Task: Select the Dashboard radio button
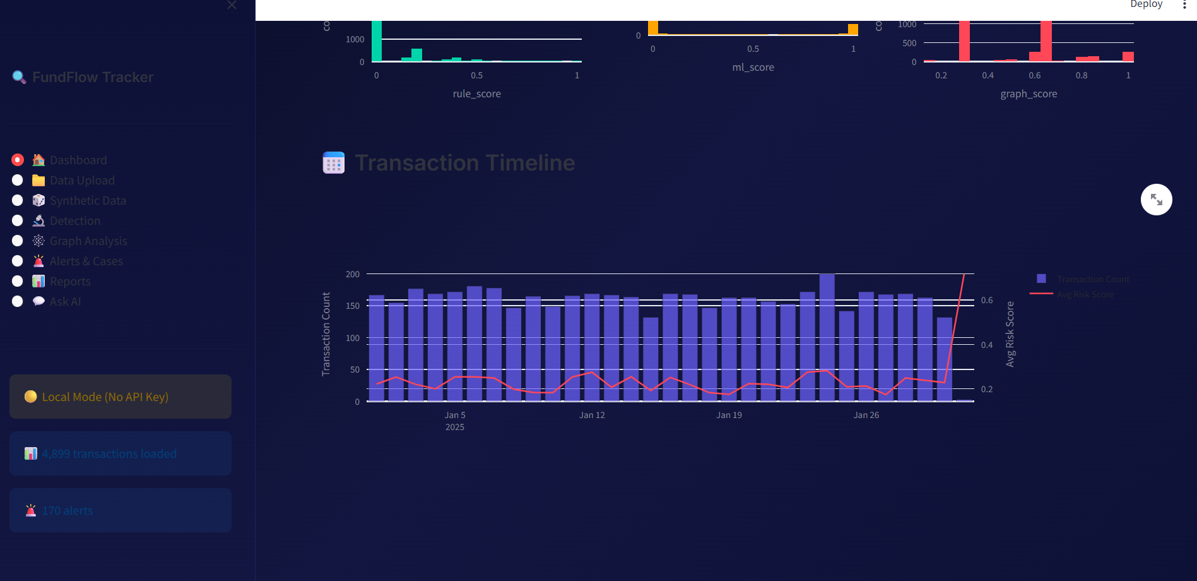(x=18, y=160)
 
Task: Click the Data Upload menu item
(x=82, y=181)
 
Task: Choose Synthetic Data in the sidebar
(x=88, y=201)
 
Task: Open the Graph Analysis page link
(x=88, y=241)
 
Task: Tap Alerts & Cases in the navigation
(x=86, y=261)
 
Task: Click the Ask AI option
(x=65, y=302)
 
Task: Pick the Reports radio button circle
(x=18, y=282)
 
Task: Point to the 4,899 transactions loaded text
(x=109, y=454)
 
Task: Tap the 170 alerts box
(x=120, y=510)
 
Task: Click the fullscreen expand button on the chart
(x=1156, y=200)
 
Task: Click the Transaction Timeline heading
(x=465, y=163)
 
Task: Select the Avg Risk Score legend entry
(x=1085, y=295)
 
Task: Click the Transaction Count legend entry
(x=1093, y=279)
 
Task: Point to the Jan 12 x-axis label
(x=592, y=416)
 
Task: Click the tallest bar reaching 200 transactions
(x=827, y=337)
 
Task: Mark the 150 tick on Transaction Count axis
(x=353, y=306)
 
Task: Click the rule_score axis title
(x=476, y=94)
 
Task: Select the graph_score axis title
(x=1029, y=94)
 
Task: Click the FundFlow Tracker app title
(x=93, y=77)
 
